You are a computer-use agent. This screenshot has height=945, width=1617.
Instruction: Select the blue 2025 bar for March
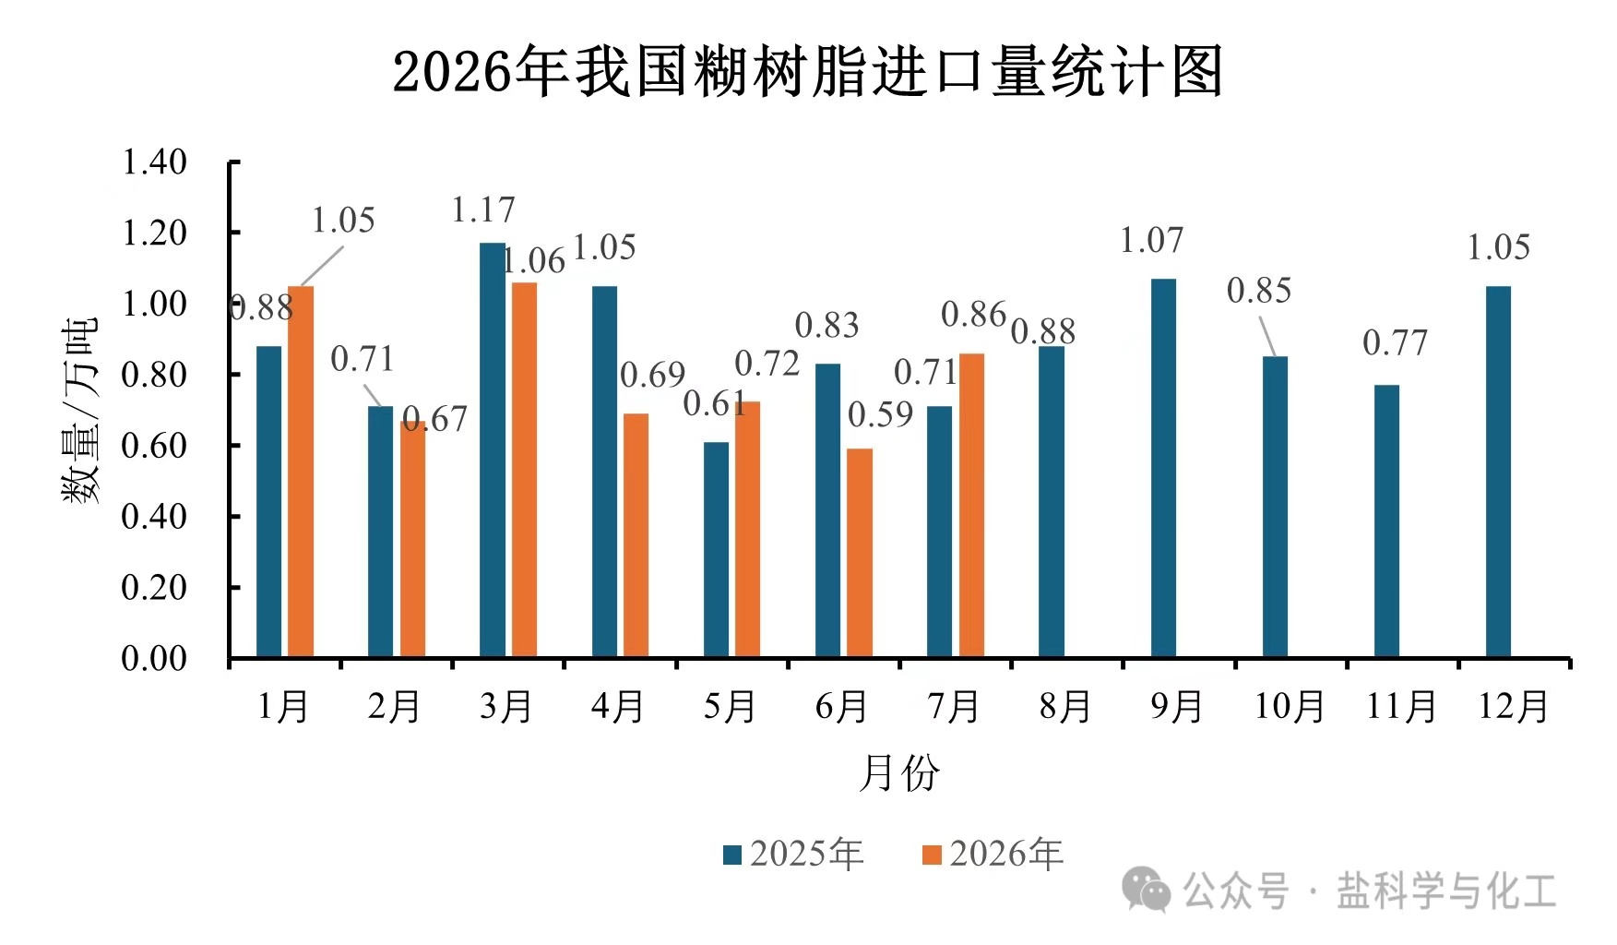tap(493, 449)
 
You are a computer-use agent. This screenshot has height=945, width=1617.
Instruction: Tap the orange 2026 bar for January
tap(301, 472)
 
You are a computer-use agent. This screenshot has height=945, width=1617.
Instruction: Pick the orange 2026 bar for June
tap(860, 553)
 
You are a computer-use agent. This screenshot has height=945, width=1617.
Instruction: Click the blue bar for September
tap(1163, 468)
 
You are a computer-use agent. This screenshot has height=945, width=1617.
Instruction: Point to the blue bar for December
tap(1499, 472)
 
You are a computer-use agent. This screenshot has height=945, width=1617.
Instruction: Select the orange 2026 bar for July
tap(971, 505)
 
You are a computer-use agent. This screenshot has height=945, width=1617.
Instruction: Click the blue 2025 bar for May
tap(716, 549)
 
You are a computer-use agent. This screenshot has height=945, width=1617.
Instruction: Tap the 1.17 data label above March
tap(482, 210)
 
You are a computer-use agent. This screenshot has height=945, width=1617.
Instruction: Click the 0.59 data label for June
tap(880, 414)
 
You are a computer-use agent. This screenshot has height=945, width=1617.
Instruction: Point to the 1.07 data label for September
tap(1151, 241)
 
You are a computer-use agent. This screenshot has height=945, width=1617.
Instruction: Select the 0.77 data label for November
tap(1395, 343)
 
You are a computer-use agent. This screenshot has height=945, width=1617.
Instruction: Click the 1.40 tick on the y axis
tap(154, 162)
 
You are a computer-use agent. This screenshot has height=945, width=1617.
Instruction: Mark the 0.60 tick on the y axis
tap(154, 446)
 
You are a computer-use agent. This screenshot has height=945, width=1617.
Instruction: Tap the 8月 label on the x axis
tap(1064, 707)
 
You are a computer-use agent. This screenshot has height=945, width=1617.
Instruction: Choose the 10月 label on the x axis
tap(1289, 707)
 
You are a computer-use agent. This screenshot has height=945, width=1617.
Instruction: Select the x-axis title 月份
tap(898, 772)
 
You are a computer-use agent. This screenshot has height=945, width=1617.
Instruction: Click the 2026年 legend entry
tap(993, 854)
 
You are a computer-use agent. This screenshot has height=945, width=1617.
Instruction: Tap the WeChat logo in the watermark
tap(1146, 890)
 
